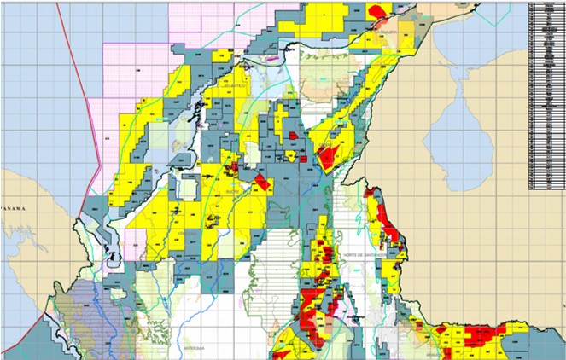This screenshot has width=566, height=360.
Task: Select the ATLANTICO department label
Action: tap(236, 85)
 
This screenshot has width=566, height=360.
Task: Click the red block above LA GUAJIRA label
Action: tap(377, 11)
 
